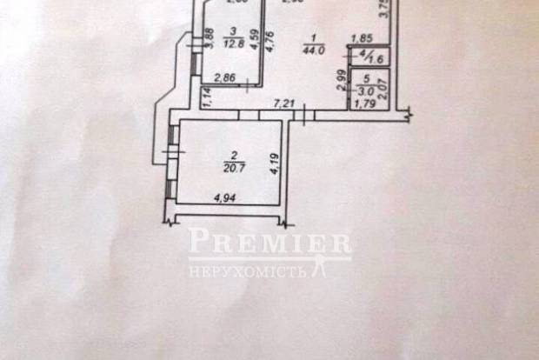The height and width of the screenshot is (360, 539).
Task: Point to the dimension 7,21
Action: click(x=284, y=104)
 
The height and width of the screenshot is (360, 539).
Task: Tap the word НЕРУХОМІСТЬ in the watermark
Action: click(x=247, y=271)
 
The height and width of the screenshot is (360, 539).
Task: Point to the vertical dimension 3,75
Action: click(x=386, y=11)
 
